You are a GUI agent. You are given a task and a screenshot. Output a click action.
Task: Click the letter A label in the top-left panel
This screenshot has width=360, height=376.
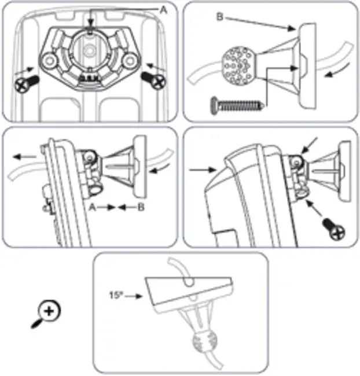pos(163,10)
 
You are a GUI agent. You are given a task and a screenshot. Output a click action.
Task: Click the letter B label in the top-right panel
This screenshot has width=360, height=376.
pos(220,17)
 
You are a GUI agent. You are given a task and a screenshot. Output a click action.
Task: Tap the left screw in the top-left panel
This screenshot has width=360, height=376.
pos(26,84)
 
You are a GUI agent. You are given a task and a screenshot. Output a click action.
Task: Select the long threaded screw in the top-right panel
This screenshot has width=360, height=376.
pos(238,105)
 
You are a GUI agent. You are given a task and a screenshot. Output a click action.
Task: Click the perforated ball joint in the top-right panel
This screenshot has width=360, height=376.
pos(238,66)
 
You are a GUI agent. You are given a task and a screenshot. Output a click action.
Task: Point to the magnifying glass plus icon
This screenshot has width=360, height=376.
pos(46,314)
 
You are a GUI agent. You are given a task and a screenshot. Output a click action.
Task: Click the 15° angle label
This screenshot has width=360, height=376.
pos(116,295)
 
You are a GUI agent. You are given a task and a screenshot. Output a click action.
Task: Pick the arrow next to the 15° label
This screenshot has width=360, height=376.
pos(134,296)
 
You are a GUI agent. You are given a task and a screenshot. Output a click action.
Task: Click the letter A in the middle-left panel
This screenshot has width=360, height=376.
pos(93,207)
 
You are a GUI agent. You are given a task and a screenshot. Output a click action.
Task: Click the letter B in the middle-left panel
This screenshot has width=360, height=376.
pos(141,207)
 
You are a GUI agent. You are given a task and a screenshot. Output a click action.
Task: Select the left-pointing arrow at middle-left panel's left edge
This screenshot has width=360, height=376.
pos(25,157)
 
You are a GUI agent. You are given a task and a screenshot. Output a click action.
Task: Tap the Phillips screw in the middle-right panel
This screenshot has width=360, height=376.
pos(334,228)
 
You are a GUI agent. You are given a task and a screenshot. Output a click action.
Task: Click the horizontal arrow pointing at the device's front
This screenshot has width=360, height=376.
pos(203,170)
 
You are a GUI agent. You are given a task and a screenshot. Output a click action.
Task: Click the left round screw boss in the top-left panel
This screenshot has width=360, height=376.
pos(49,60)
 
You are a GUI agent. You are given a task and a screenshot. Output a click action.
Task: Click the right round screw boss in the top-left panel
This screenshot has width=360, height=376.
pos(130,60)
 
